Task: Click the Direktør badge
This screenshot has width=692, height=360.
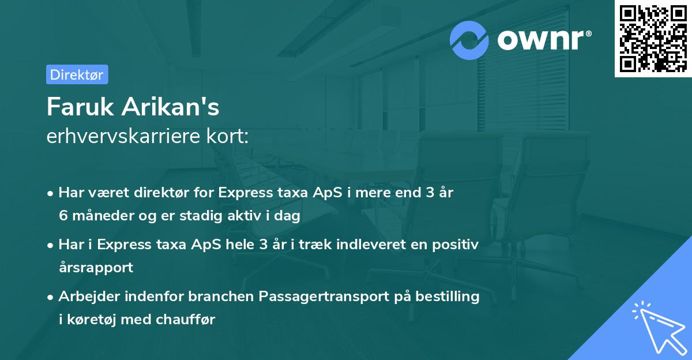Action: point(77,74)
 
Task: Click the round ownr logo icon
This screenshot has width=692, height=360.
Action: point(470,40)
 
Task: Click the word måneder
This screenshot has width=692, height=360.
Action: point(101,216)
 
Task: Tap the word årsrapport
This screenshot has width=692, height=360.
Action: point(96,268)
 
